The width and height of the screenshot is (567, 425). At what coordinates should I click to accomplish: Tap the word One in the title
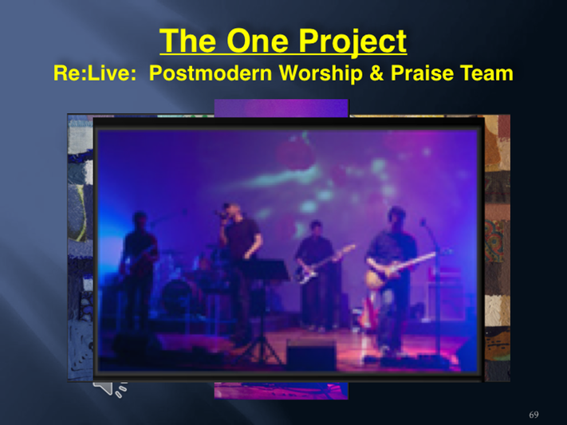[258, 41]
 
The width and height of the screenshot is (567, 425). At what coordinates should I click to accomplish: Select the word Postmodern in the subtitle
[211, 73]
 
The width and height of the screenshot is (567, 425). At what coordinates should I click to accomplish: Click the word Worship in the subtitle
[321, 74]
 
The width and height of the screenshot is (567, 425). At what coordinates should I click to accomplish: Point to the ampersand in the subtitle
[376, 73]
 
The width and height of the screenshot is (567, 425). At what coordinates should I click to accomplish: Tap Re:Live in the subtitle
[95, 73]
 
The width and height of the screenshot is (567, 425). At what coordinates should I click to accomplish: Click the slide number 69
[534, 415]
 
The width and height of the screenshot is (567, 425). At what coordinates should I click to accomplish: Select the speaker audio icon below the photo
[110, 388]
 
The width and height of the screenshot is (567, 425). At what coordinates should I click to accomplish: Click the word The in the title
[190, 41]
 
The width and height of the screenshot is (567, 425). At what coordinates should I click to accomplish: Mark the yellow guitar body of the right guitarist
[378, 277]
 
